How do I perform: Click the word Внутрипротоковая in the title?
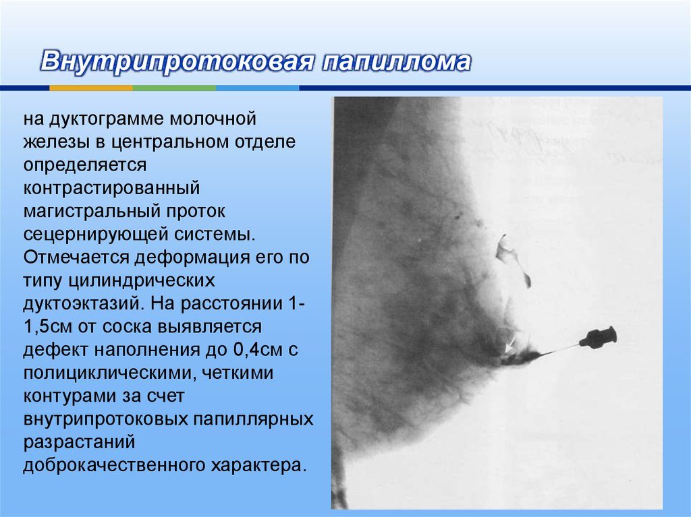(x=177, y=61)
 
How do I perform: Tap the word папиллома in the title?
(x=396, y=61)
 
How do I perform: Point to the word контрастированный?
(x=111, y=188)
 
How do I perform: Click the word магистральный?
(x=91, y=212)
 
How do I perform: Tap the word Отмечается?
(x=76, y=257)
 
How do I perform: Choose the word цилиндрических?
(x=142, y=281)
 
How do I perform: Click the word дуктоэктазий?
(x=82, y=304)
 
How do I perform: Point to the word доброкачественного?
(x=113, y=466)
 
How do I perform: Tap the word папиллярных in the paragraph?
(x=254, y=419)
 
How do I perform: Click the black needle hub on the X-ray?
(x=599, y=337)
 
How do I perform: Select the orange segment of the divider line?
(x=91, y=88)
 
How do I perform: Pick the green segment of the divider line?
(x=174, y=88)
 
